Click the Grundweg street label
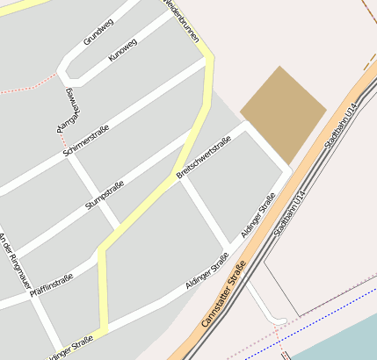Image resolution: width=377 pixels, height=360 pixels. pyautogui.click(x=98, y=32)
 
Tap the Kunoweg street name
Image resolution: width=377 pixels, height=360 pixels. pyautogui.click(x=123, y=50)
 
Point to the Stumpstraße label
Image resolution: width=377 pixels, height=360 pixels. pyautogui.click(x=105, y=195)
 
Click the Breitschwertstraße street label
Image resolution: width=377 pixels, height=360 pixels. pyautogui.click(x=204, y=158)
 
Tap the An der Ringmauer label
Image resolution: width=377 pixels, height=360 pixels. pyautogui.click(x=12, y=261)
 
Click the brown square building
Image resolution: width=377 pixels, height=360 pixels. pyautogui.click(x=283, y=112)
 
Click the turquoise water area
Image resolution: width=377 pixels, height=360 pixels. pyautogui.click(x=343, y=338)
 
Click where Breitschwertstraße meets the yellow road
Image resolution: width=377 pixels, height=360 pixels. pyautogui.click(x=176, y=173)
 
